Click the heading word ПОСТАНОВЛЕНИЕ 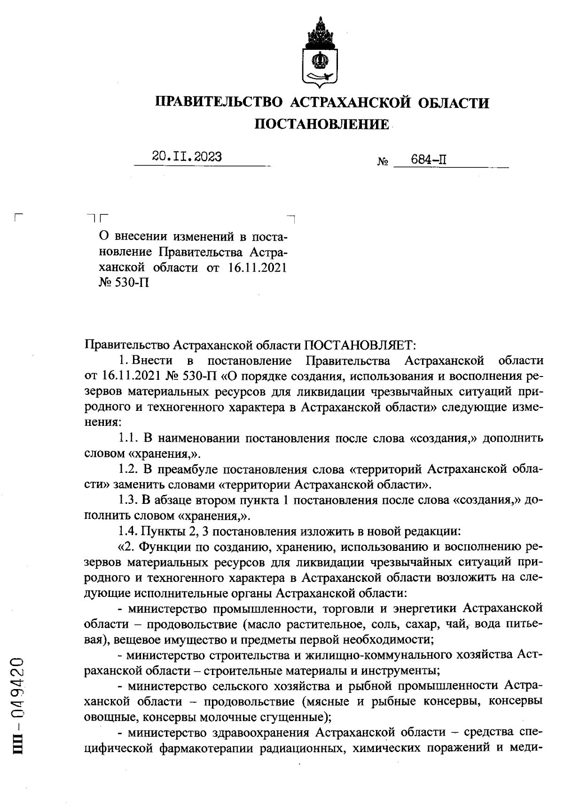coord(321,124)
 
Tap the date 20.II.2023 coord(187,157)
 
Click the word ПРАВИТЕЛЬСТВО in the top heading coord(219,102)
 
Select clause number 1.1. coord(127,439)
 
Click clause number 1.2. coord(127,469)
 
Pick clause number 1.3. coord(127,500)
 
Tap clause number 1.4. coord(127,531)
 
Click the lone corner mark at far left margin coord(19,217)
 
